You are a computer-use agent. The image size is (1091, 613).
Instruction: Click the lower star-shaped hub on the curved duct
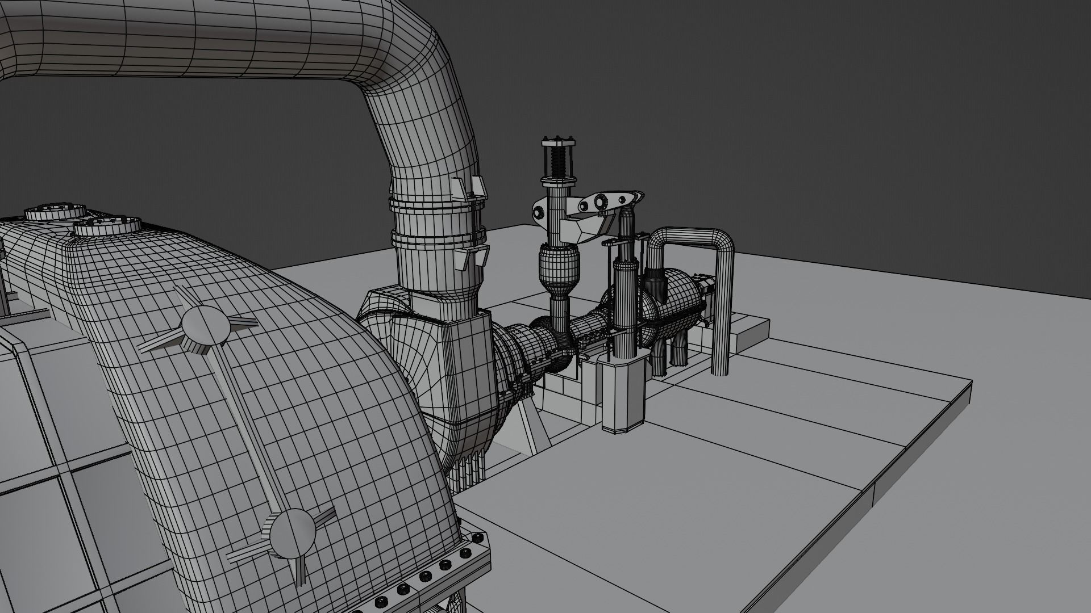[x=292, y=532]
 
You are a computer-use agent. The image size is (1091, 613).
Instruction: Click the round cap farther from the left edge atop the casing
[x=107, y=226]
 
